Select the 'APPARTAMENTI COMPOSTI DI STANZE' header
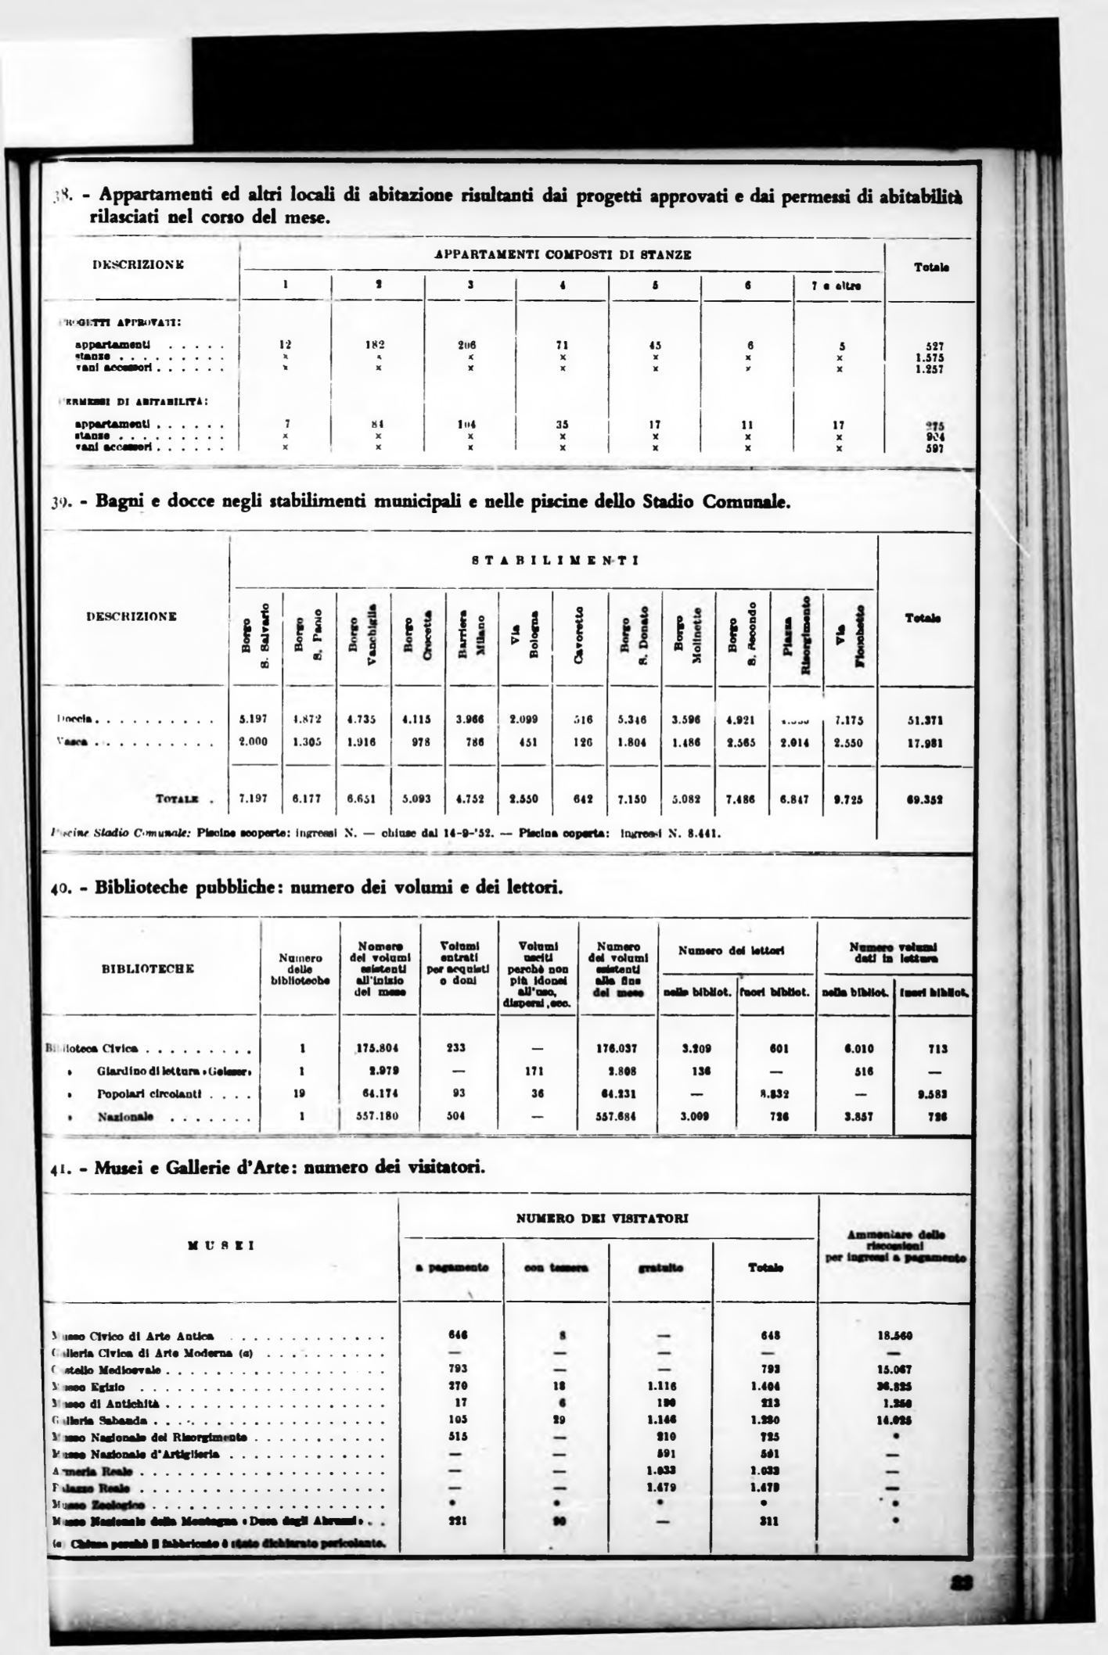[563, 254]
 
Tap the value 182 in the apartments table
[377, 344]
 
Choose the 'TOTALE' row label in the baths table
[177, 800]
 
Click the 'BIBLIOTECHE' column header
[148, 969]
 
